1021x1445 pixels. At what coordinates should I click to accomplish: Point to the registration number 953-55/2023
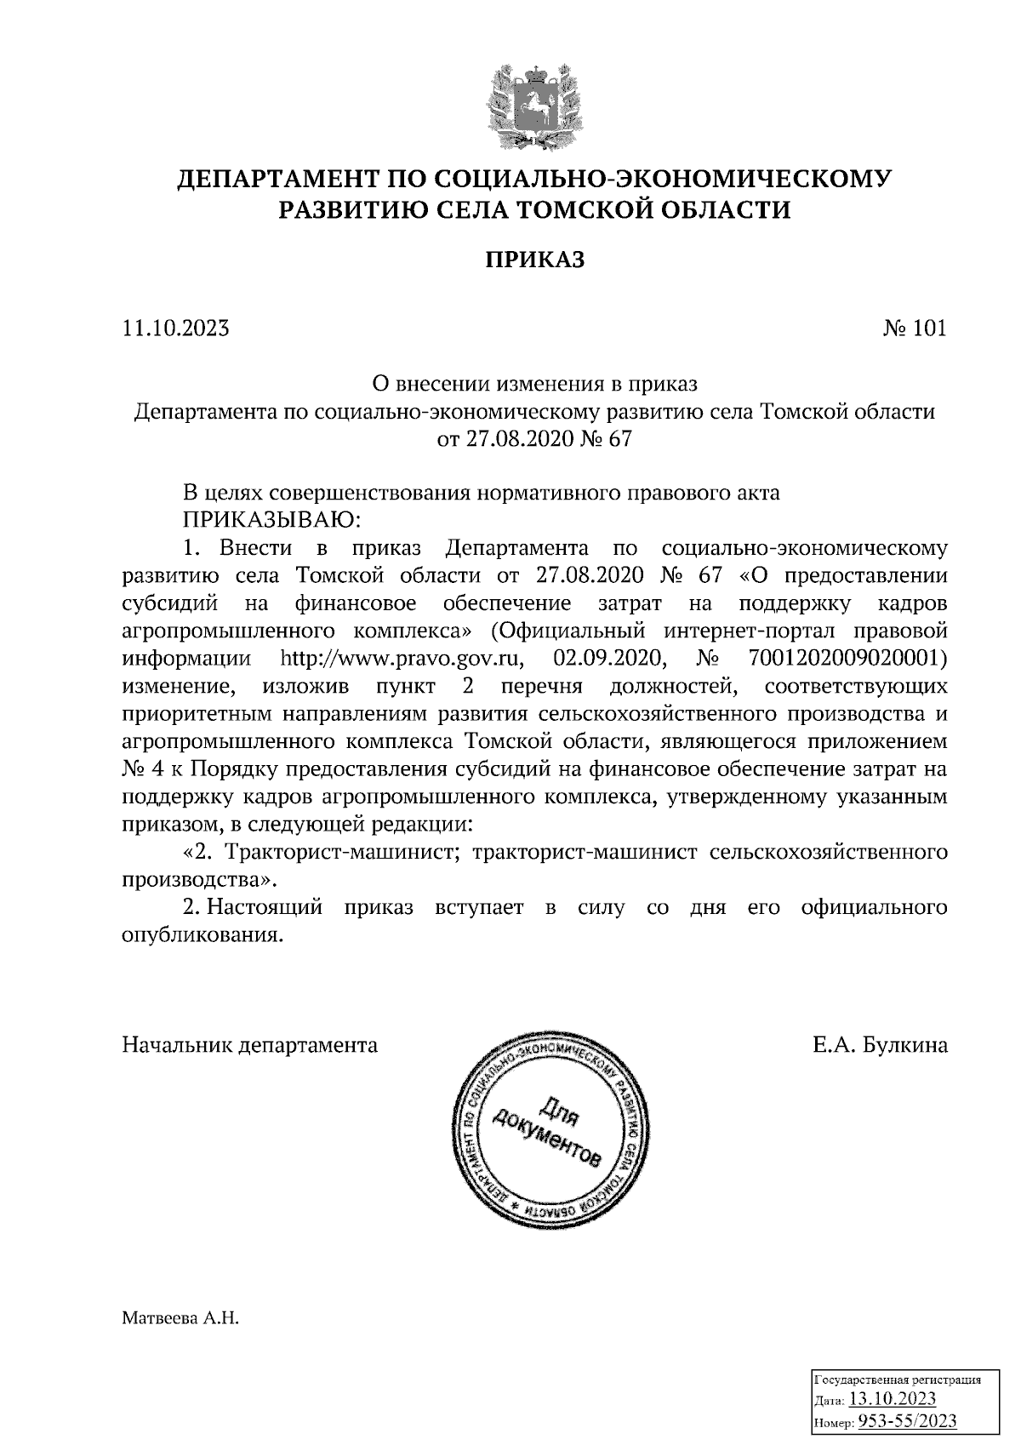tap(907, 1421)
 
